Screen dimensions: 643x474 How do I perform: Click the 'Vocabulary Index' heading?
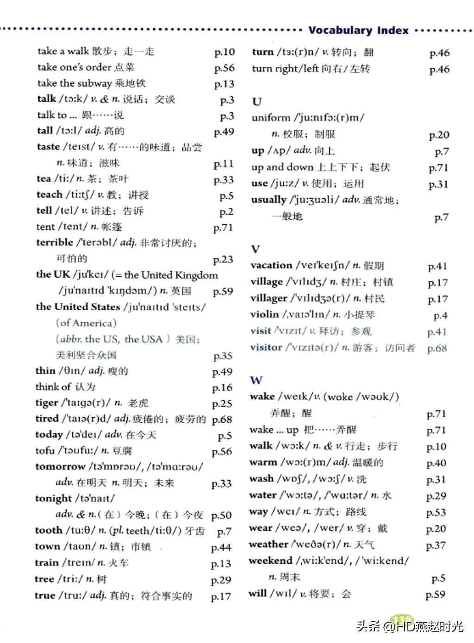click(x=358, y=31)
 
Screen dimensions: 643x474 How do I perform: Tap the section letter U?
click(x=257, y=101)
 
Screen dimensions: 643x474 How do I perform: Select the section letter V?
click(x=255, y=249)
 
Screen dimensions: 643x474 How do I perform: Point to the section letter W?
click(x=256, y=381)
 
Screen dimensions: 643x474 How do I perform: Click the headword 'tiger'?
click(x=47, y=402)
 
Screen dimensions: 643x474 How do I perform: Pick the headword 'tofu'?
click(x=45, y=450)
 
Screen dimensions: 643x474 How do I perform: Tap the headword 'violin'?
click(x=265, y=314)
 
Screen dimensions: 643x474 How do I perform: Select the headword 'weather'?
click(x=268, y=544)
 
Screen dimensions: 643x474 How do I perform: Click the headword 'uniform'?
click(x=271, y=117)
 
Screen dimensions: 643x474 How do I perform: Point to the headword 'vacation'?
click(x=271, y=265)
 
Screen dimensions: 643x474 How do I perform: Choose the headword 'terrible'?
click(x=55, y=242)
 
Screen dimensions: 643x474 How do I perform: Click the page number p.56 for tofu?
click(x=222, y=452)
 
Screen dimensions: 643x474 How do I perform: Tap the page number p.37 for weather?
click(x=436, y=545)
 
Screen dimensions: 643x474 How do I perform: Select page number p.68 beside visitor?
click(x=437, y=348)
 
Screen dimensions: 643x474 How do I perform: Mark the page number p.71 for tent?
click(x=223, y=228)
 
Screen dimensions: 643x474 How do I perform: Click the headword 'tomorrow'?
click(x=61, y=466)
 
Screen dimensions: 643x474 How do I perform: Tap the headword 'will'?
click(x=257, y=593)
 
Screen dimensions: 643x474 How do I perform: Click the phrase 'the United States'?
click(x=78, y=306)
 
